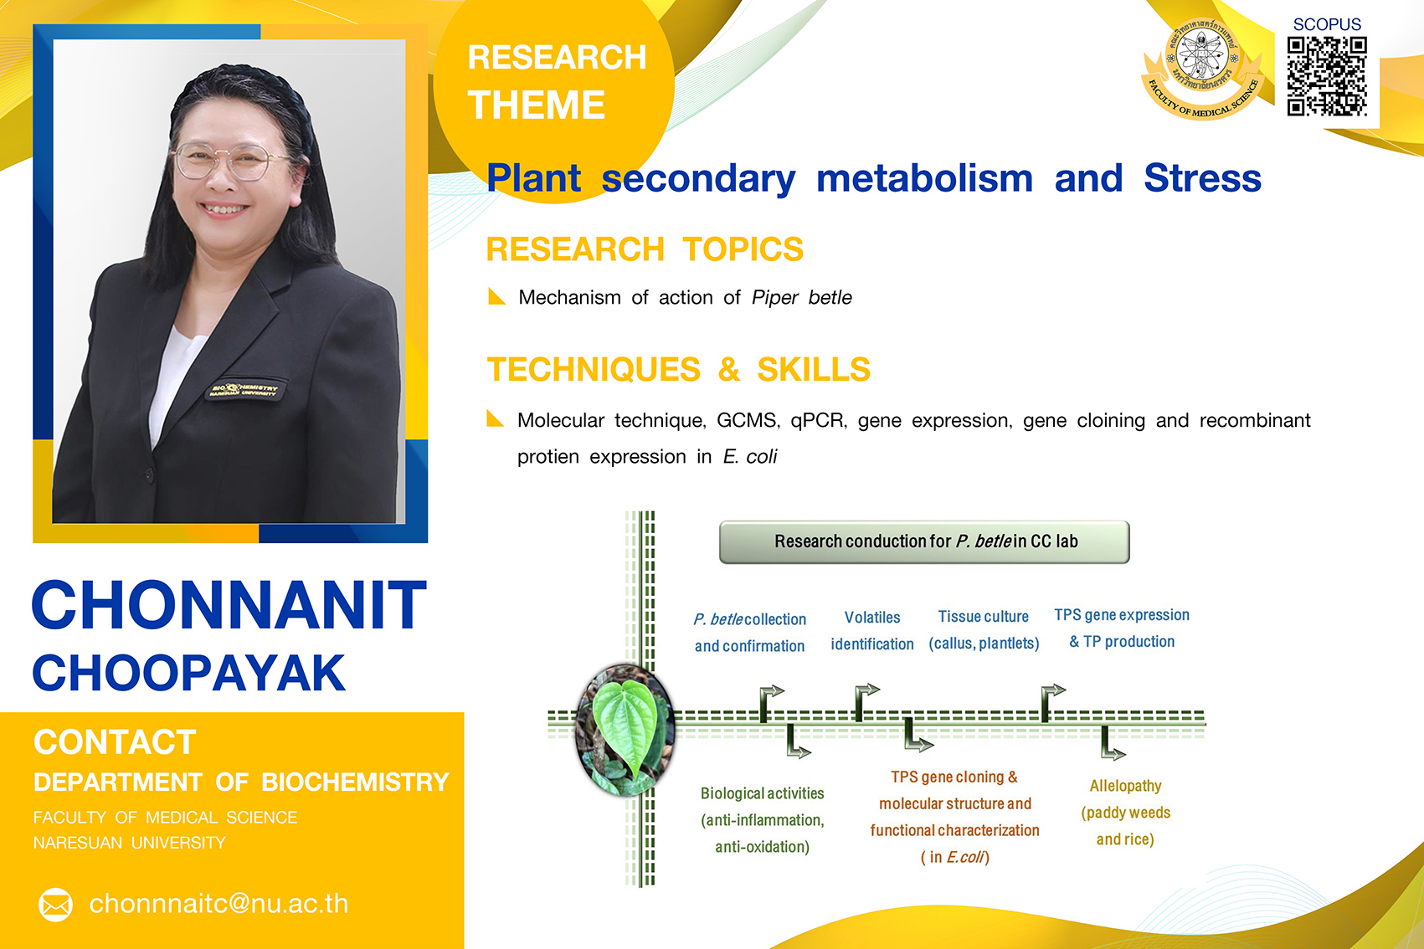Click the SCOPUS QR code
pos(1327,76)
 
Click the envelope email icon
pos(55,905)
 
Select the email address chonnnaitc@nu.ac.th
pos(218,903)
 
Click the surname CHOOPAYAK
pos(189,673)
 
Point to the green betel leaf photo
pos(624,730)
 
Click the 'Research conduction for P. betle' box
pos(924,541)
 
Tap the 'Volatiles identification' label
pos(872,630)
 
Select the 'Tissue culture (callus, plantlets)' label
pos(984,630)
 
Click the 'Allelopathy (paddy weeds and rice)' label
pos(1125,813)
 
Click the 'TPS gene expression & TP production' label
pos(1122,628)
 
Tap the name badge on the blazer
pos(244,390)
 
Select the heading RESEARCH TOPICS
pos(645,249)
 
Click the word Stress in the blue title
pos(1202,177)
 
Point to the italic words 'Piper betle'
pos(802,297)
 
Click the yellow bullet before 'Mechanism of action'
pos(496,296)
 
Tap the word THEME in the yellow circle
pos(536,105)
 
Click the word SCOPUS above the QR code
pos(1327,24)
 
